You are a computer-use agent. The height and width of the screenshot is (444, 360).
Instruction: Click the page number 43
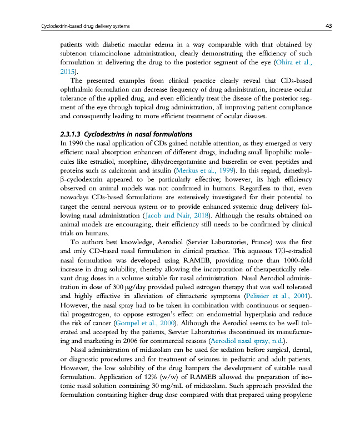tap(329, 26)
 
